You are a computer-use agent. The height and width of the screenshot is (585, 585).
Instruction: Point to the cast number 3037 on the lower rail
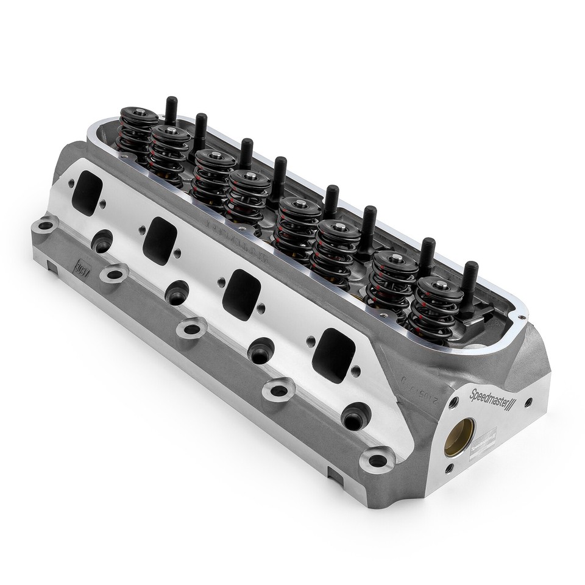pos(80,266)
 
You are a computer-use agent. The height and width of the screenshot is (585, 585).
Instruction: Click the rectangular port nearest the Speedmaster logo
pos(333,355)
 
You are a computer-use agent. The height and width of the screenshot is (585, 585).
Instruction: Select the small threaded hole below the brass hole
pos(449,468)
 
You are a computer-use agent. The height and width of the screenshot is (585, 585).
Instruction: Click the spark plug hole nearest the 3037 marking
pos(101,240)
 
